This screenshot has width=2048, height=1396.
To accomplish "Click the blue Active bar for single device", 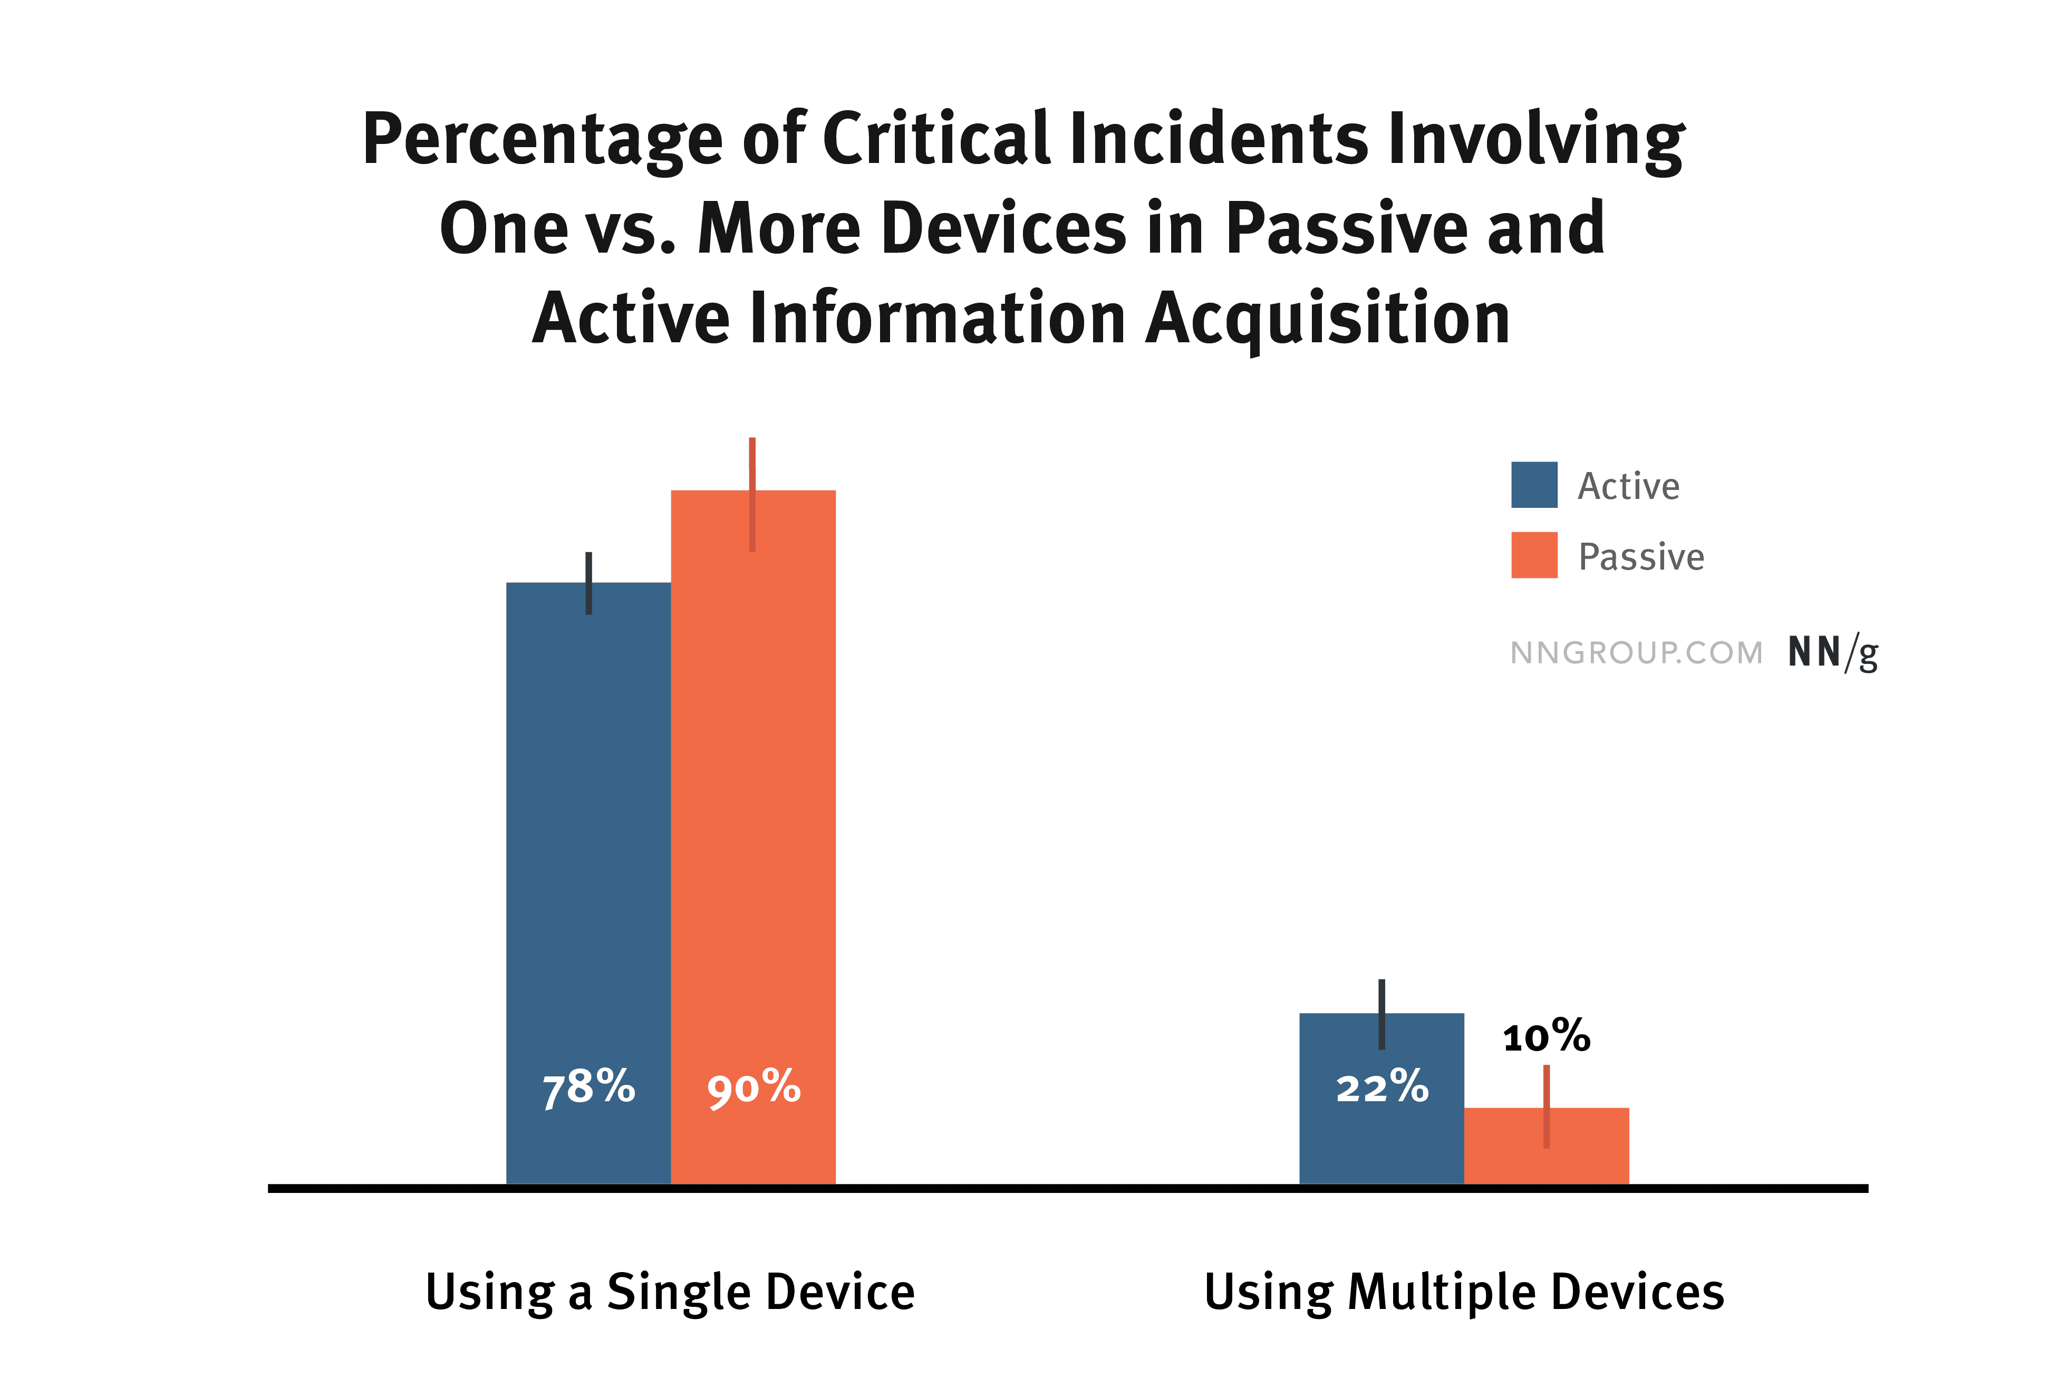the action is pos(588,883).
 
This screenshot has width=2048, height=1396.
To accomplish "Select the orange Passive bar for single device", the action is pos(753,837).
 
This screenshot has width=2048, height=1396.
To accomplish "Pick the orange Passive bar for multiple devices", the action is pos(1547,1145).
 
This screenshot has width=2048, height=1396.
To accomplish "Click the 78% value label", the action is pos(588,1087).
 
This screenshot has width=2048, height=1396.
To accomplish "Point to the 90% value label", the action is pos(753,1087).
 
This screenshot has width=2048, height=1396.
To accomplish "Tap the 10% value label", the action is pos(1547,1036).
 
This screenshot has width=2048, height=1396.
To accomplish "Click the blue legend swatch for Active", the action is pos(1534,485).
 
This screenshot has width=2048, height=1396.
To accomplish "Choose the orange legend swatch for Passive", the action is pos(1534,555).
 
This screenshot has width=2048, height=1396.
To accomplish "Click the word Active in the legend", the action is pos(1628,486).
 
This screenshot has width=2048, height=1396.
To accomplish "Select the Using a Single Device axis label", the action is pos(670,1292).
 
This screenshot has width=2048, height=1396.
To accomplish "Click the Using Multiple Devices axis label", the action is pos(1464,1293).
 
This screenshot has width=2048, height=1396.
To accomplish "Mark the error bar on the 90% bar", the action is pos(752,494).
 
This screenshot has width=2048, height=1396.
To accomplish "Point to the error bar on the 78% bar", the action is pos(588,583).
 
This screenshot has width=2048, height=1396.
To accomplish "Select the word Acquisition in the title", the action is pos(1329,319).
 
